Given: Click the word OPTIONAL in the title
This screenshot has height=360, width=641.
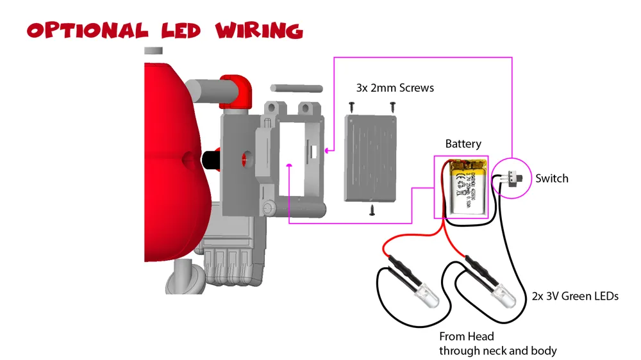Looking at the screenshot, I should (87, 30).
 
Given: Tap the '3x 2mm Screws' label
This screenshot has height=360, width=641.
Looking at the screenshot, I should (395, 88).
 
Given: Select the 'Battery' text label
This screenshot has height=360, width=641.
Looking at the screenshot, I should (463, 144).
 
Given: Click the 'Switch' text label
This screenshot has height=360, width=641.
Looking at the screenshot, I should (551, 179).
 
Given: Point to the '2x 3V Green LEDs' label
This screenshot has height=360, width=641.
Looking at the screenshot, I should (575, 297).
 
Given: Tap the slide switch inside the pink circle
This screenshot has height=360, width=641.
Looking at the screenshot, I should (512, 177).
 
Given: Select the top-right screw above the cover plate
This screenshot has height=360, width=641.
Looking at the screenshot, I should (392, 105).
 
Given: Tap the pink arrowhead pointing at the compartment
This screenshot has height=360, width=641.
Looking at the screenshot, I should (328, 151).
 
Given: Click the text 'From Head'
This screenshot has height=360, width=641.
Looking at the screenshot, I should (466, 336).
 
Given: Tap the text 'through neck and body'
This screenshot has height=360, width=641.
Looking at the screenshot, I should (497, 350).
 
